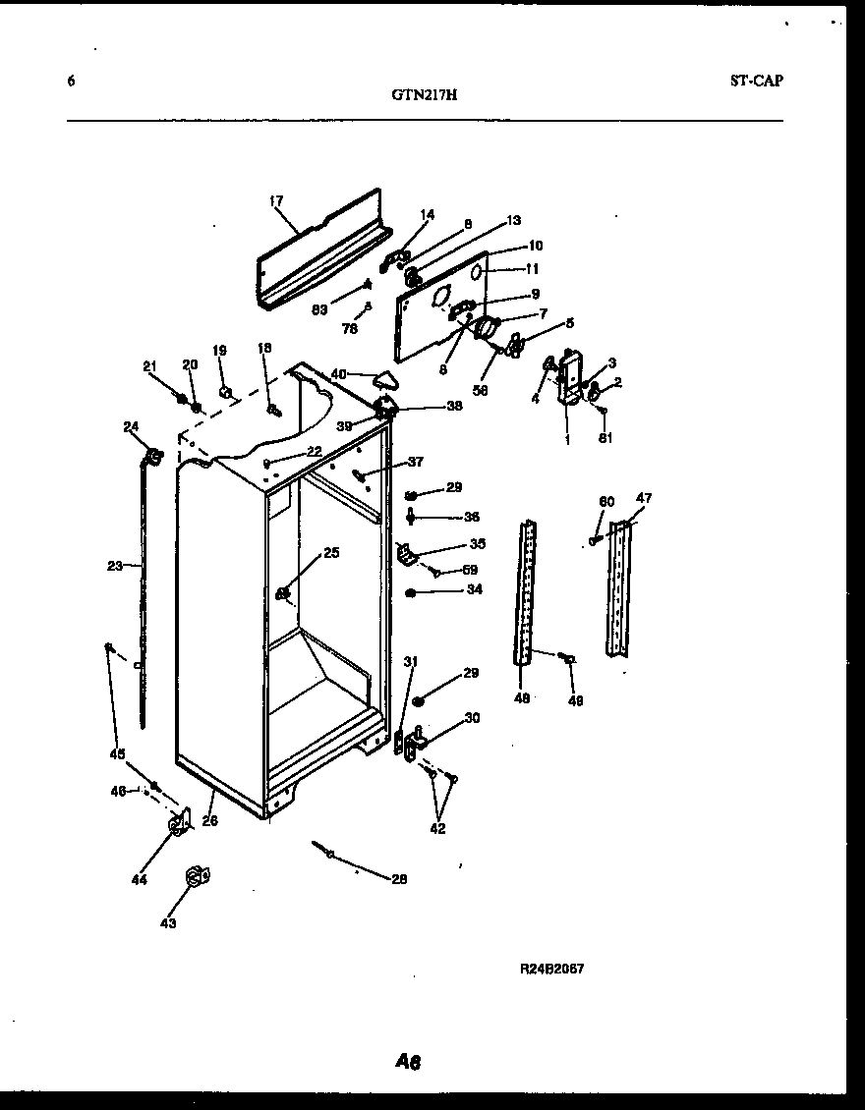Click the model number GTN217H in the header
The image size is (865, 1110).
tap(424, 95)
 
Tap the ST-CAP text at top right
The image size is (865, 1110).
tap(756, 82)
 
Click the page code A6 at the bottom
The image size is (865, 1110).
tap(409, 1061)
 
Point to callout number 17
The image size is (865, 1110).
tap(275, 201)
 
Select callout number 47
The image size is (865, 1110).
tap(643, 499)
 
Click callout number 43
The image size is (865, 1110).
tap(168, 923)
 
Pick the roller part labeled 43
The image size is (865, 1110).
tap(196, 875)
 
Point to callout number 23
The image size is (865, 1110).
tap(116, 565)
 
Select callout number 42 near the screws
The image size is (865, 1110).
tap(437, 828)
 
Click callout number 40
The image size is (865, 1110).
tap(338, 373)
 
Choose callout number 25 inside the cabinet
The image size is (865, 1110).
tap(331, 553)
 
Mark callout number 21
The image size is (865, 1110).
tap(149, 366)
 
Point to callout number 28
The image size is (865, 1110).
tap(398, 879)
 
